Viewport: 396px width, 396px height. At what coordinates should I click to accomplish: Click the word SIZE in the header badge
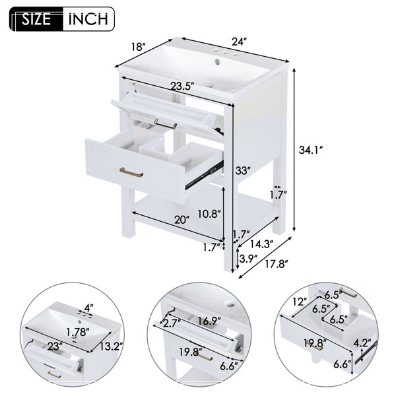[x=36, y=19]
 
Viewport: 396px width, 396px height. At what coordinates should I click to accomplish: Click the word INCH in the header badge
[x=88, y=19]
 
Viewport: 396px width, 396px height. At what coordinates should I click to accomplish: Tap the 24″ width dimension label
[x=239, y=42]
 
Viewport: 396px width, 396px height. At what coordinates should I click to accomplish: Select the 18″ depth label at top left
[x=139, y=47]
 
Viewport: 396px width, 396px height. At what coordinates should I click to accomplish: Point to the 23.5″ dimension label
[x=182, y=86]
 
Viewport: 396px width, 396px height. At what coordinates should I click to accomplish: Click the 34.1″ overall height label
[x=311, y=150]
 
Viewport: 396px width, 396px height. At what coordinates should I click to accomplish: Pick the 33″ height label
[x=243, y=171]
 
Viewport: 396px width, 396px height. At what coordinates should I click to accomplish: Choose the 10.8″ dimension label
[x=209, y=214]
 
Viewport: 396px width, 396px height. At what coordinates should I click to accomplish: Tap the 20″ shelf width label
[x=182, y=220]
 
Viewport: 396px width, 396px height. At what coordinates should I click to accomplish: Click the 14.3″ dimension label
[x=261, y=244]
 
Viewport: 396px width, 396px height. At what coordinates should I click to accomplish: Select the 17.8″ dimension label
[x=277, y=265]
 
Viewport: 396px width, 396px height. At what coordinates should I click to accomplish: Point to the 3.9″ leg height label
[x=248, y=258]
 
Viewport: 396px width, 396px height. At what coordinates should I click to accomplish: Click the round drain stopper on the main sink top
[x=217, y=61]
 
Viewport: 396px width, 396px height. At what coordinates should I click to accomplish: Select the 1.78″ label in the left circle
[x=78, y=332]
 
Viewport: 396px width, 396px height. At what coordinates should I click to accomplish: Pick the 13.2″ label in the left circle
[x=111, y=346]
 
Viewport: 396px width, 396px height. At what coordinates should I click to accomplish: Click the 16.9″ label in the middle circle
[x=209, y=322]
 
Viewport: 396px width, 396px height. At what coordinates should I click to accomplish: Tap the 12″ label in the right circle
[x=300, y=302]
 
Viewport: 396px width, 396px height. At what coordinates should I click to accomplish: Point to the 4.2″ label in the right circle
[x=362, y=343]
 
